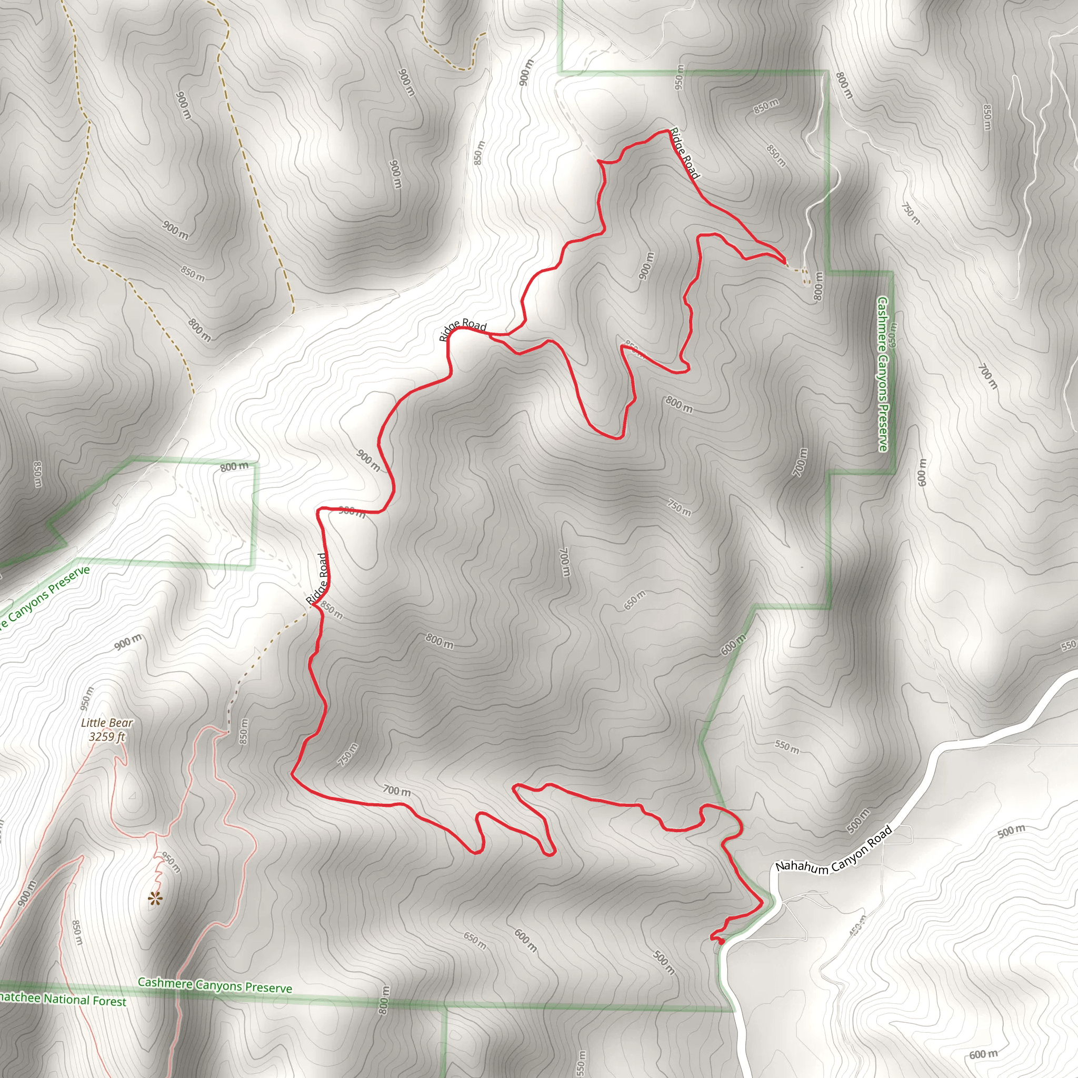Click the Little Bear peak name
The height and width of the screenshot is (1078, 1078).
point(107,723)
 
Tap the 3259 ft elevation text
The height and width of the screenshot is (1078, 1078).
point(107,736)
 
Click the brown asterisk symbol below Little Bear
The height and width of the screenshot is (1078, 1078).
point(155,899)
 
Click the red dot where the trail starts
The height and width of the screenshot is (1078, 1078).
point(721,941)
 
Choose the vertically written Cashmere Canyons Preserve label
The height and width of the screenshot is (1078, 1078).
point(883,374)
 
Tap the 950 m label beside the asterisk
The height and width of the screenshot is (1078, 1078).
point(171,862)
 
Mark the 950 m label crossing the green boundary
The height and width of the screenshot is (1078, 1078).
point(679,77)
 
